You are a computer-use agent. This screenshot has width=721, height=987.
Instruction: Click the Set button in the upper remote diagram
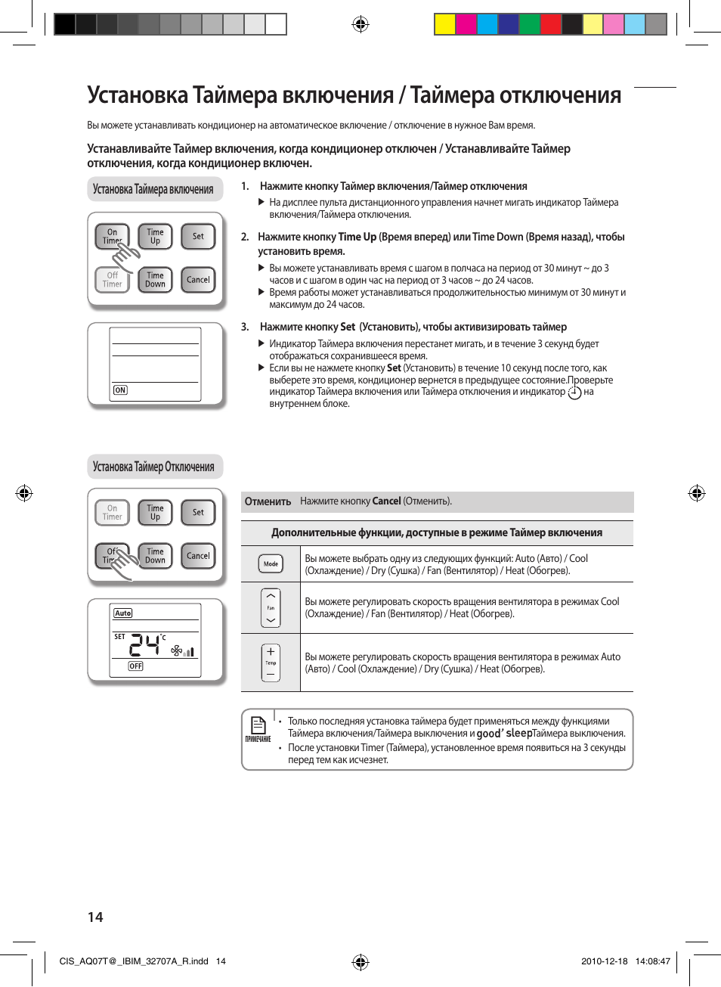point(198,237)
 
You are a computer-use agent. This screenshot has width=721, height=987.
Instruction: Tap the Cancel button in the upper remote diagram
point(198,280)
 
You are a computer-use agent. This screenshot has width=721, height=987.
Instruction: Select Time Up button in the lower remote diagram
point(155,513)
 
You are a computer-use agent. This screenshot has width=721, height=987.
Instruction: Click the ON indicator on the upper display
point(120,390)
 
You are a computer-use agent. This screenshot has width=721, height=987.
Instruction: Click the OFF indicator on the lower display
point(135,666)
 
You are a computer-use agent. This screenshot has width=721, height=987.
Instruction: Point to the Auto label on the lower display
point(123,613)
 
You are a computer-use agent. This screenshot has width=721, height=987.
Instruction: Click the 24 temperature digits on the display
point(145,645)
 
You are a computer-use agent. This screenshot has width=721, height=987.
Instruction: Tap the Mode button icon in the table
point(271,563)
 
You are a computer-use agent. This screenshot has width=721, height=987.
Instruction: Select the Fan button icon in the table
point(271,608)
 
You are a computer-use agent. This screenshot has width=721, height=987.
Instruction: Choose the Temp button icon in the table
point(271,663)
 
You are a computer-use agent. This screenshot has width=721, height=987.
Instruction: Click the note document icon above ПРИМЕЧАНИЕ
point(258,725)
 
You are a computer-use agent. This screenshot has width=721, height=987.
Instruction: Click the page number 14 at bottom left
point(95,917)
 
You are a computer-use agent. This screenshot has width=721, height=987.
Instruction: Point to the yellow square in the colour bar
point(444,24)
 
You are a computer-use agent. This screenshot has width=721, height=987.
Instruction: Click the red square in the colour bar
point(550,24)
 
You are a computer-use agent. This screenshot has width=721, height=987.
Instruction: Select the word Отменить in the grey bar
point(268,501)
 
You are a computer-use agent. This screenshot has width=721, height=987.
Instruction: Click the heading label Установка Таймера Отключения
point(153,467)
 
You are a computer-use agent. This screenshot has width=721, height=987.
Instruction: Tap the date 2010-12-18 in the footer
point(604,961)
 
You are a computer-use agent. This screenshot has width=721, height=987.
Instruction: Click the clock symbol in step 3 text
point(574,393)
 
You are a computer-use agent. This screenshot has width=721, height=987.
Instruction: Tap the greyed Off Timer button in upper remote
point(112,280)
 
